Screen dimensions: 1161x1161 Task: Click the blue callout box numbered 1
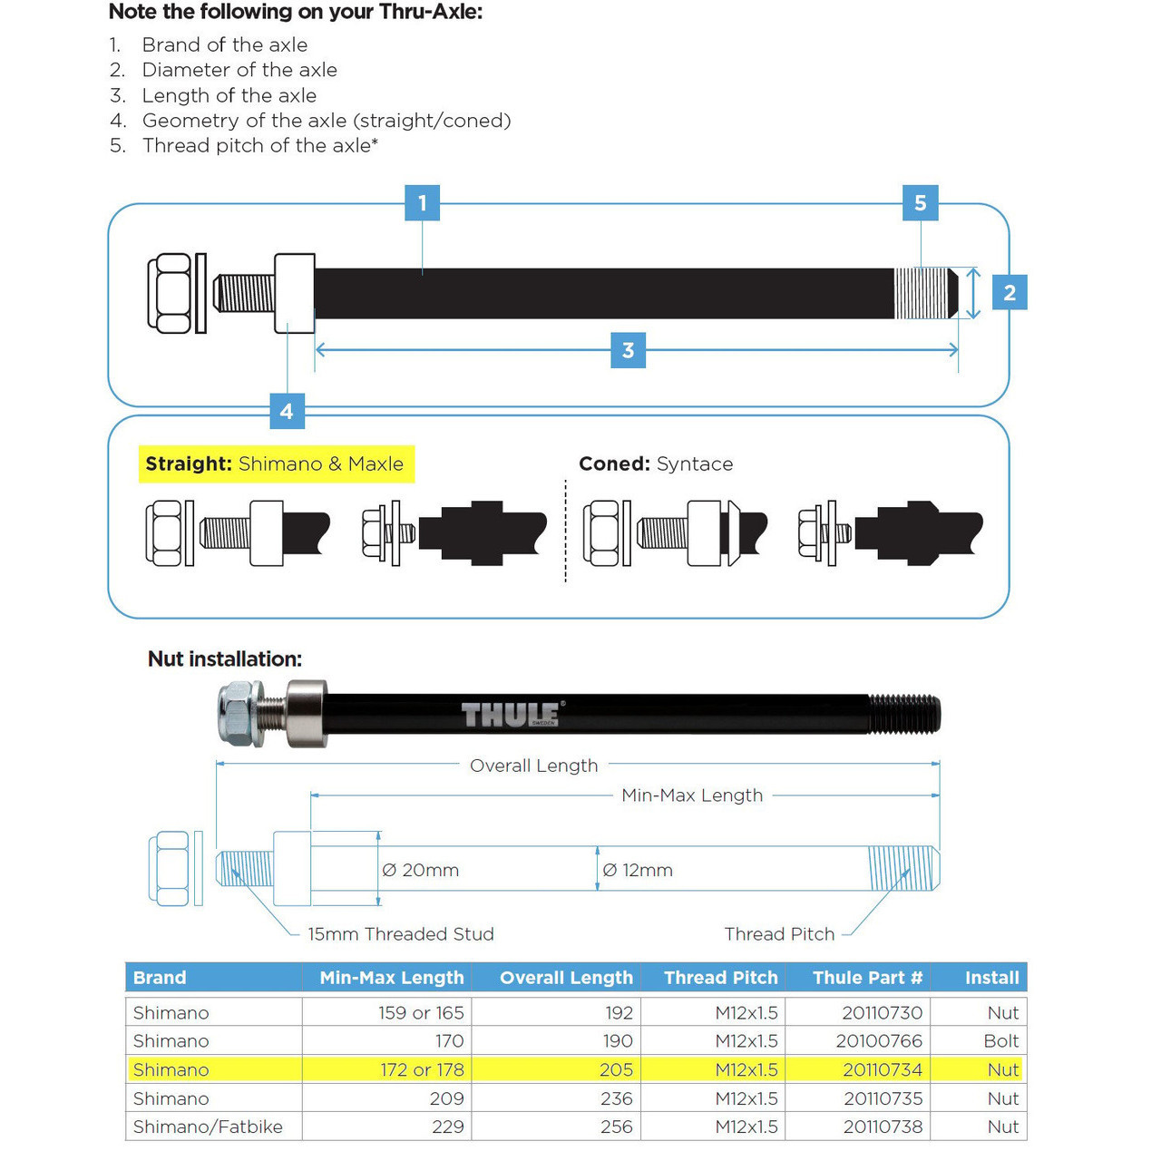[422, 203]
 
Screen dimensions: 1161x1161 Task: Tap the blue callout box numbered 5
[920, 203]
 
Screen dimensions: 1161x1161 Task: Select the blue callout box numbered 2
[1010, 293]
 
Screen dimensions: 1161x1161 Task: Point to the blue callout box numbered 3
[628, 350]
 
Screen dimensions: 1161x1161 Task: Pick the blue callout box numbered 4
[287, 411]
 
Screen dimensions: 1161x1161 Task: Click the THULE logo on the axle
[512, 715]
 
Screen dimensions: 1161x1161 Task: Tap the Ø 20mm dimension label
[421, 870]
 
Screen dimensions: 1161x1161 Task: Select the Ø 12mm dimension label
[638, 870]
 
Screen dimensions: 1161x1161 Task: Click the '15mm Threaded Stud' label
[400, 934]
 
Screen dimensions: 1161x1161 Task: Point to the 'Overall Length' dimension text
[533, 766]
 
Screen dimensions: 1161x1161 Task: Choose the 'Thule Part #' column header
[867, 978]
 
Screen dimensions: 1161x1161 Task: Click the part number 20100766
[879, 1041]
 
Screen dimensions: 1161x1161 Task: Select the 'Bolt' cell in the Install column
[1001, 1041]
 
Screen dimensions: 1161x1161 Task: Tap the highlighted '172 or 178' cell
[422, 1070]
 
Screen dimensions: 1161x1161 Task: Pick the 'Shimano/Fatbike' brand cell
[208, 1127]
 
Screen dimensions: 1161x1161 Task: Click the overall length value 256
[617, 1127]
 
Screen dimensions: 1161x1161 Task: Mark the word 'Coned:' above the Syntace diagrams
[614, 463]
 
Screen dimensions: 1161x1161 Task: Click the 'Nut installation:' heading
[225, 659]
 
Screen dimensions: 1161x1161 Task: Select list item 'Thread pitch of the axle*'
[259, 146]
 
